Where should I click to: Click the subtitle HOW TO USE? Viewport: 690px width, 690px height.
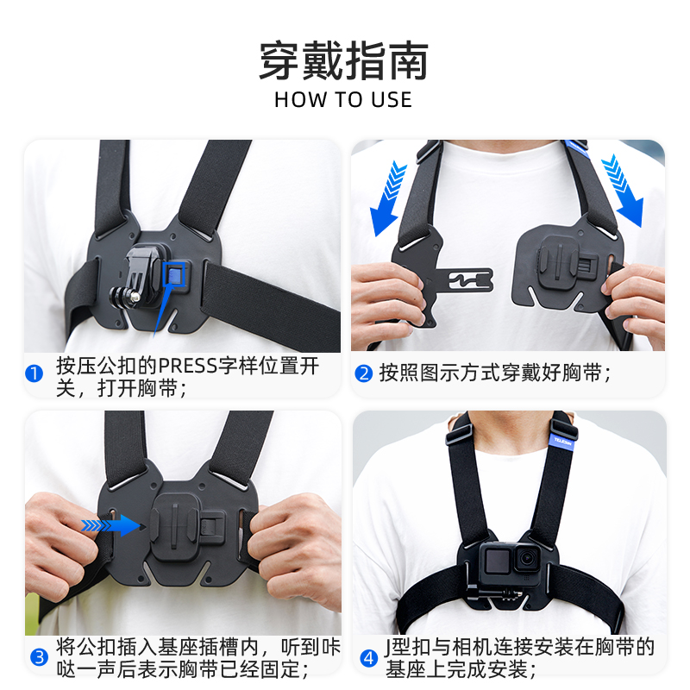click(343, 99)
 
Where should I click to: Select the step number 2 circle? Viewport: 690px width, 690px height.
click(364, 374)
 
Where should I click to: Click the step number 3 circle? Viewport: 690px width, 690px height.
click(39, 656)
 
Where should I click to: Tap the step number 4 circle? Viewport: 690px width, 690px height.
click(368, 656)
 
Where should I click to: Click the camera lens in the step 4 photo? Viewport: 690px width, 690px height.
click(524, 561)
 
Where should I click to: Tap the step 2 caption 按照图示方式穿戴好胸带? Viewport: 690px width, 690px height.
click(495, 374)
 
